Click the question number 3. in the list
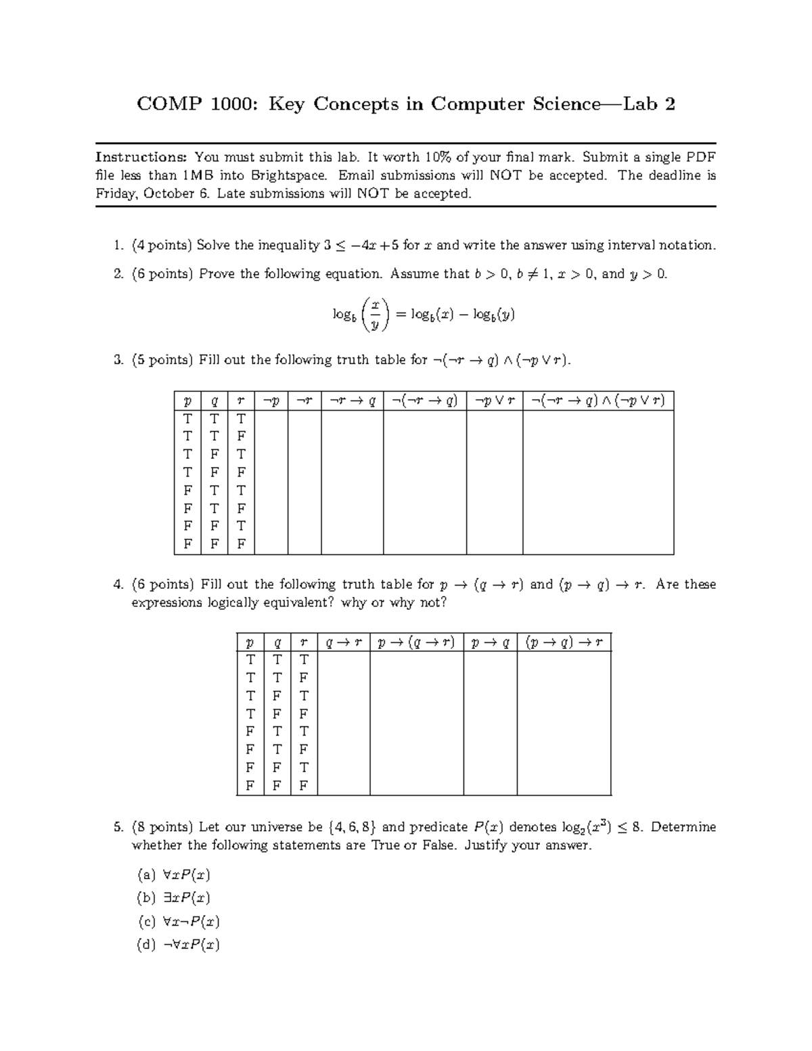119,361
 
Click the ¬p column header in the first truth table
271,401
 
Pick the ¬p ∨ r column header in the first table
494,401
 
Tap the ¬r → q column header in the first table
352,401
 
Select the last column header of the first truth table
598,401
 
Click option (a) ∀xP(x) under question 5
174,875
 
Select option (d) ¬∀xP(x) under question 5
178,945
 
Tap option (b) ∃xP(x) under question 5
174,899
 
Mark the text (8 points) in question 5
162,828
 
